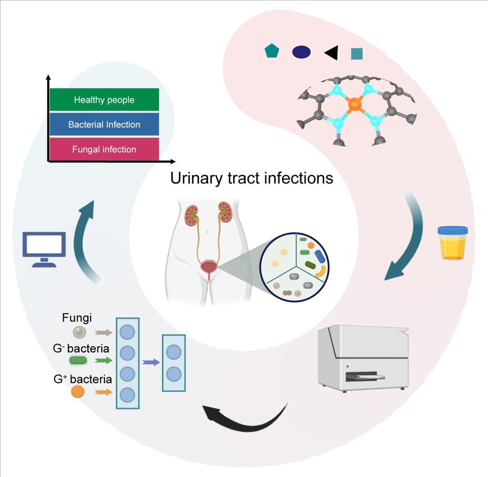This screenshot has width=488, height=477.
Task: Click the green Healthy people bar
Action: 104,99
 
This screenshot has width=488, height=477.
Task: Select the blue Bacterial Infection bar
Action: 104,124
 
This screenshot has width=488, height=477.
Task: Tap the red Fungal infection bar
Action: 104,149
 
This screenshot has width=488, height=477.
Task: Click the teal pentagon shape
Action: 272,51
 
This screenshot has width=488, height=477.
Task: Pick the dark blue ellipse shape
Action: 301,52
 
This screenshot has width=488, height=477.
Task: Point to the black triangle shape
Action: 333,53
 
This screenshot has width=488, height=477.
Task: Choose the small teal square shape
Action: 356,54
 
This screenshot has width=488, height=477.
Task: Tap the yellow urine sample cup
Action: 452,244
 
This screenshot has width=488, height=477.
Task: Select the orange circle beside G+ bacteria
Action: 78,392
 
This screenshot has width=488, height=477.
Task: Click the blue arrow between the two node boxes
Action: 151,362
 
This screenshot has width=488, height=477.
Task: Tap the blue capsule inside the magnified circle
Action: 320,257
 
